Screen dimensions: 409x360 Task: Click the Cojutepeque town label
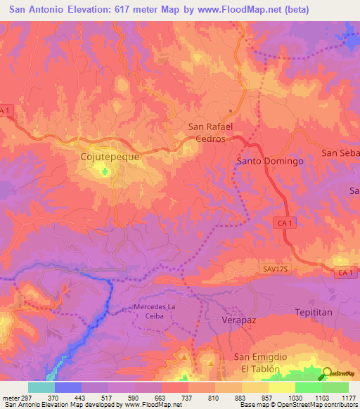[x=110, y=157]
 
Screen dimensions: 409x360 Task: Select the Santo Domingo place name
[x=269, y=161]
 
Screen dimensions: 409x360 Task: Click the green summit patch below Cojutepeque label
[x=107, y=170]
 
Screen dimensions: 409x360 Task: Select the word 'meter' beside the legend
[x=10, y=397]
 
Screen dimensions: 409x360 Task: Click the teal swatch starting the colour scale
[x=41, y=387]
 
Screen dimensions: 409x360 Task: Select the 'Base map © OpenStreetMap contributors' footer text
[x=297, y=405]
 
